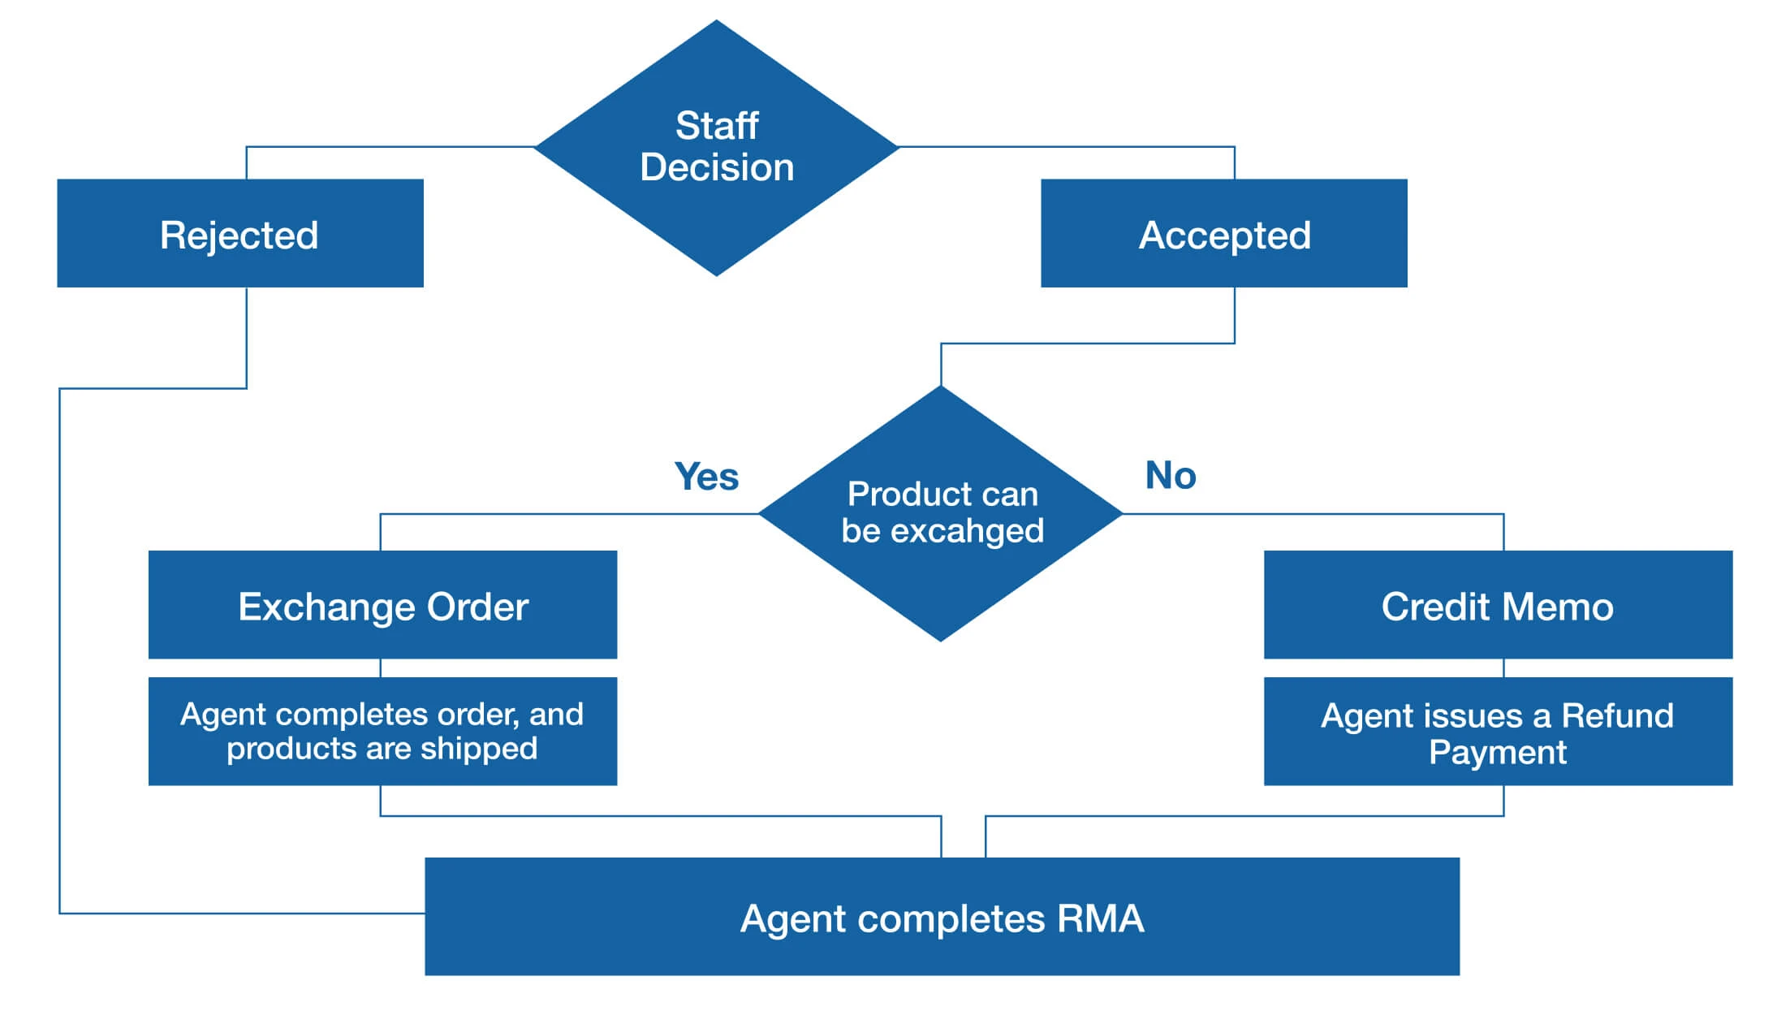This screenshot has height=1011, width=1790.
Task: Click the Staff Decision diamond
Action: pos(717,148)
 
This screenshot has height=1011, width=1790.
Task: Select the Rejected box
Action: pos(240,234)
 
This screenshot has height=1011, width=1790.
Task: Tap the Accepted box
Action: pos(1224,234)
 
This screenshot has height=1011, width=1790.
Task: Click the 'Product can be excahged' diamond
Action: pos(942,513)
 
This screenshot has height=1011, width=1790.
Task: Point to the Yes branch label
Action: pos(706,477)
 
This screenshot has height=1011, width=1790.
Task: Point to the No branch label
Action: pos(1170,476)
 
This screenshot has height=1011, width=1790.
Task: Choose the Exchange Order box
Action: pos(382,605)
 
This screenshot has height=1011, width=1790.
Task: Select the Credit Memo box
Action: pos(1498,605)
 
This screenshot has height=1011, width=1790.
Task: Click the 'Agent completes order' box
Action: pos(382,731)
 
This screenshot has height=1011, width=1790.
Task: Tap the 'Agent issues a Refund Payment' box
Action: pos(1498,732)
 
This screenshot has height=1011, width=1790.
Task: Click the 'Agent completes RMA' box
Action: pos(942,917)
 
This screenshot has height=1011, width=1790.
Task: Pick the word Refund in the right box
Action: pos(1617,715)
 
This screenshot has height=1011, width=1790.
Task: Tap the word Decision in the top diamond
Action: pos(717,167)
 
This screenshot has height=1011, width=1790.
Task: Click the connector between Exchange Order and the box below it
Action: pos(381,668)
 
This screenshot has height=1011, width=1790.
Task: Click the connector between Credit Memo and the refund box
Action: pos(1503,668)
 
